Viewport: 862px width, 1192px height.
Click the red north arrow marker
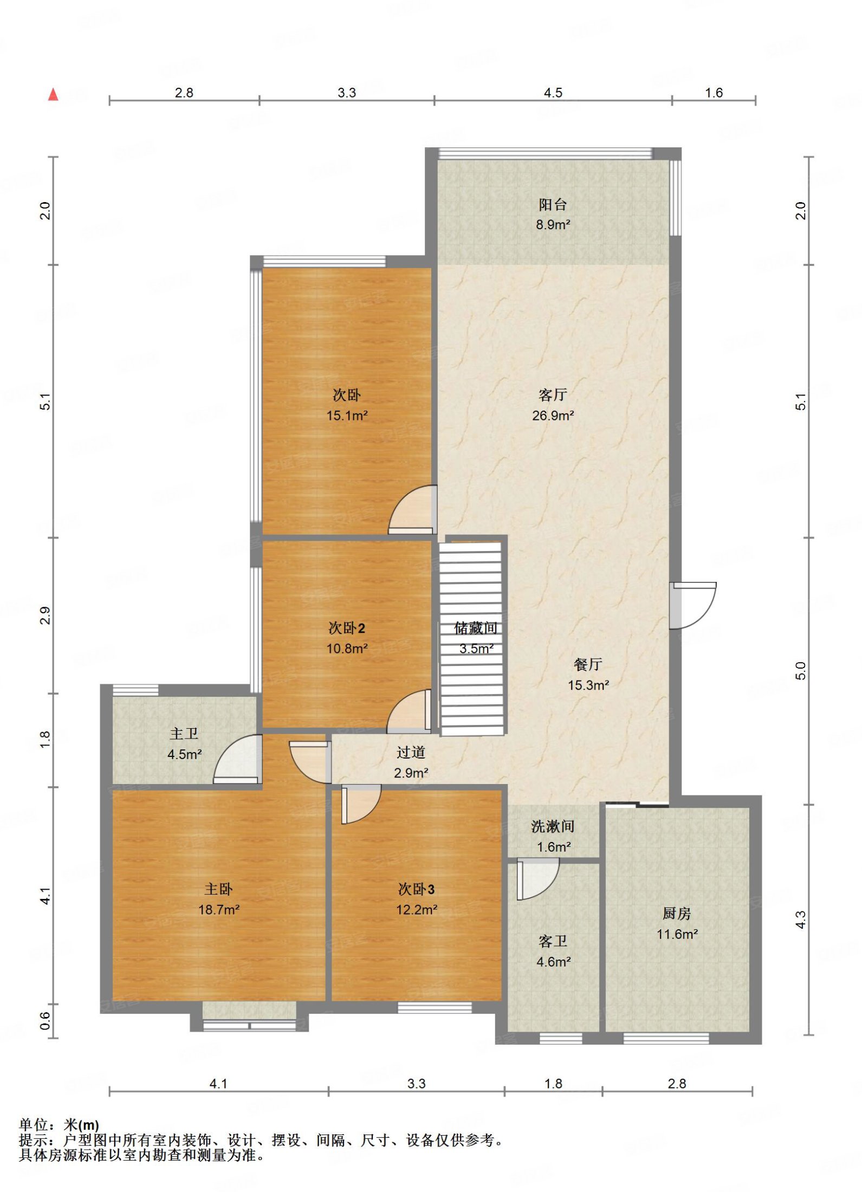click(x=53, y=95)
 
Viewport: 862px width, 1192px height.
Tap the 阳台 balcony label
click(x=553, y=204)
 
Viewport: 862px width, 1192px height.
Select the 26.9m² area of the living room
click(x=553, y=416)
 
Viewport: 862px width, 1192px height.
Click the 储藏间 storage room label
click(x=476, y=628)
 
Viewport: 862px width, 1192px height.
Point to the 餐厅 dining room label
click(x=588, y=664)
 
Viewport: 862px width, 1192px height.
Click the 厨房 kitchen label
click(x=677, y=914)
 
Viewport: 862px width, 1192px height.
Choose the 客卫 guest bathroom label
click(x=553, y=941)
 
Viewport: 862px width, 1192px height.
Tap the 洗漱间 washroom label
click(x=553, y=826)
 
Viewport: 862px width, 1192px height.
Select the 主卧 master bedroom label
click(x=218, y=889)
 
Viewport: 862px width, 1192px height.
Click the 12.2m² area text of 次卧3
click(x=416, y=910)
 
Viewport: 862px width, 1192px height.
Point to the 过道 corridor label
click(x=411, y=752)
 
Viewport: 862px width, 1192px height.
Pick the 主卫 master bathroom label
click(x=184, y=734)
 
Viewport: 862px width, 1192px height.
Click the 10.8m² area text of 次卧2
click(x=347, y=649)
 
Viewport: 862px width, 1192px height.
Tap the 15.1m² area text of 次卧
click(x=347, y=416)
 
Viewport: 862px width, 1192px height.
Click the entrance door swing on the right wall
click(x=693, y=606)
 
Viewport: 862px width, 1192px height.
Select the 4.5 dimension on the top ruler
click(x=553, y=93)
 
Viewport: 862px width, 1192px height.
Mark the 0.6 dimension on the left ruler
click(x=46, y=1021)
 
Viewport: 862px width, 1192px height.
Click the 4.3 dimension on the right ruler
click(x=801, y=919)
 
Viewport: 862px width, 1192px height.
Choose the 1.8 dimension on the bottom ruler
click(x=553, y=1084)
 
